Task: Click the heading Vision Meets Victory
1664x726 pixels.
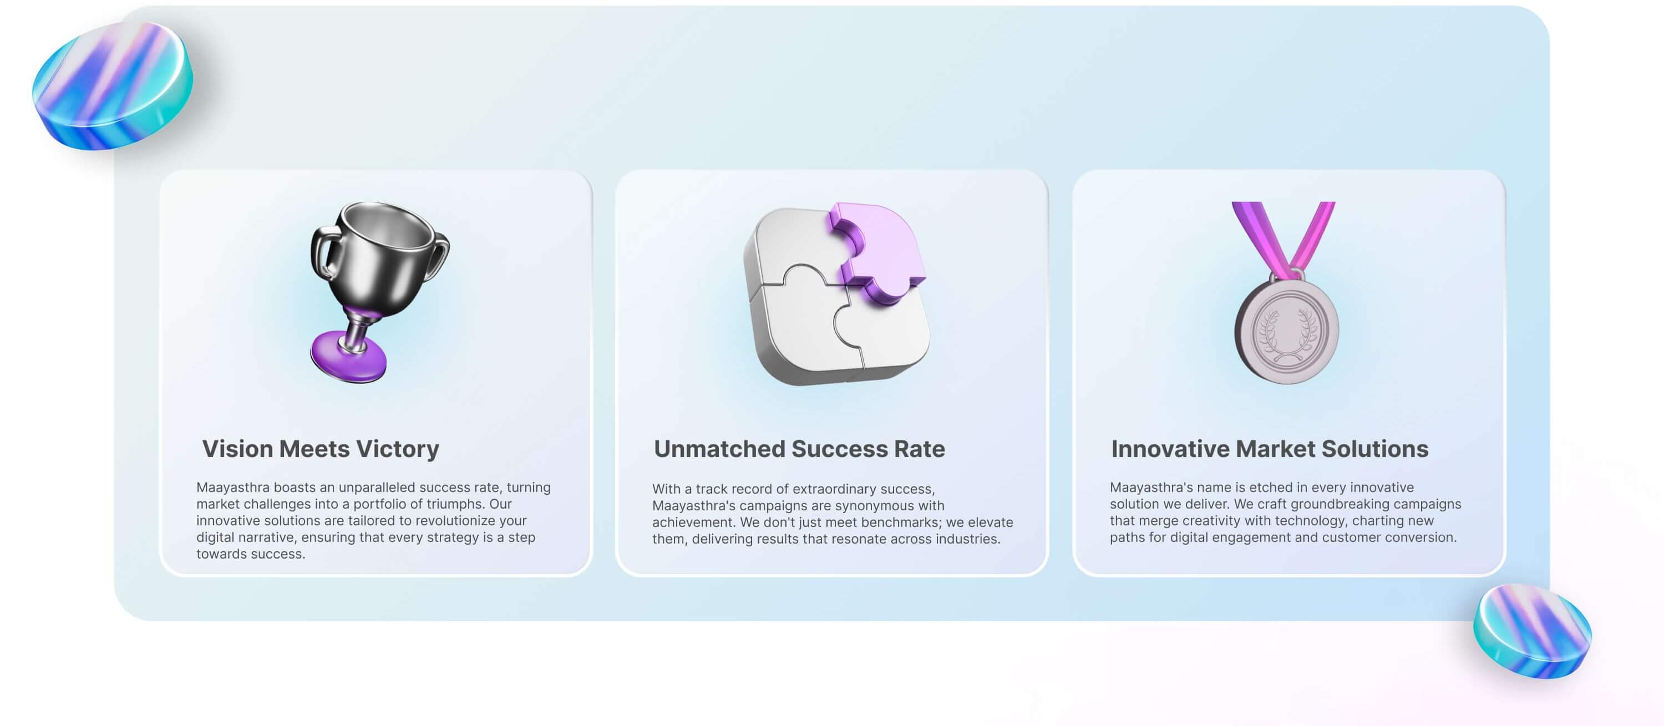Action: tap(321, 448)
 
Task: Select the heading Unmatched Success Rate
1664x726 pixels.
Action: tap(799, 448)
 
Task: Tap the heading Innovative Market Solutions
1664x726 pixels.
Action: tap(1269, 448)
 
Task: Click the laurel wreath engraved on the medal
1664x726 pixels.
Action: tap(1286, 333)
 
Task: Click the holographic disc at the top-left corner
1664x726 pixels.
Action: tap(113, 85)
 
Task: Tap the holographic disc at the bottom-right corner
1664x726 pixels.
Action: tap(1532, 631)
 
